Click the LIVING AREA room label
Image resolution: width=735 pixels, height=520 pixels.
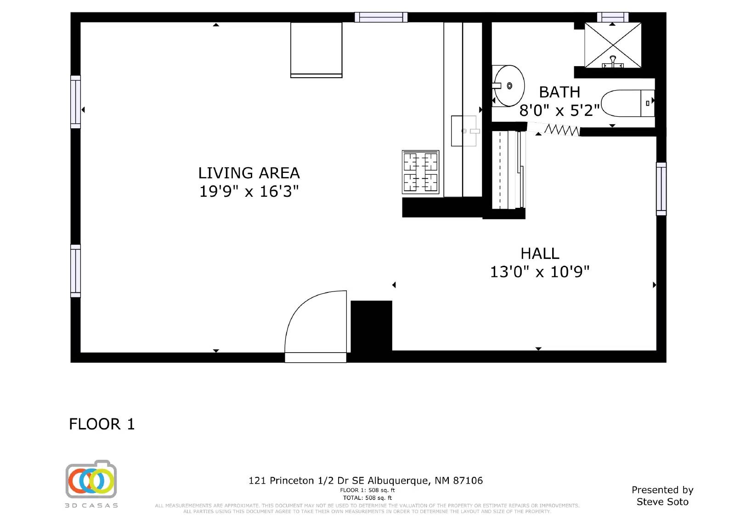click(x=249, y=173)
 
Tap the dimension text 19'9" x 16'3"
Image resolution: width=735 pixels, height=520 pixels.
click(x=249, y=192)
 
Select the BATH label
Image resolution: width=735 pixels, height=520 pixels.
click(x=560, y=92)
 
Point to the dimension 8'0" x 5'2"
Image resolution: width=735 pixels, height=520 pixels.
click(x=560, y=110)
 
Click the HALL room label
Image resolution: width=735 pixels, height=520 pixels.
click(x=540, y=254)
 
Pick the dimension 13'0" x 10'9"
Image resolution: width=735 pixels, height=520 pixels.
click(x=540, y=272)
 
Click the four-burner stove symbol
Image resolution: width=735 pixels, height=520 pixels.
click(x=420, y=172)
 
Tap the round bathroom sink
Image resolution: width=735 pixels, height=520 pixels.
click(x=508, y=86)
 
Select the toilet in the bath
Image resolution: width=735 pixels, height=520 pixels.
click(x=628, y=103)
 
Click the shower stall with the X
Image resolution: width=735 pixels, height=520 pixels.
click(x=613, y=46)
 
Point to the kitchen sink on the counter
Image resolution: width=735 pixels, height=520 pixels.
click(x=465, y=131)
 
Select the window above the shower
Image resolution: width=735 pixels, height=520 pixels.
click(x=613, y=17)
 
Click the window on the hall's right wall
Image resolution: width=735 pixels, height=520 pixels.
click(x=661, y=189)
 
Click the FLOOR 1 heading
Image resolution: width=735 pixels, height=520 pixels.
click(x=102, y=424)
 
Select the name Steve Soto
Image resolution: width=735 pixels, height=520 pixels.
click(x=662, y=502)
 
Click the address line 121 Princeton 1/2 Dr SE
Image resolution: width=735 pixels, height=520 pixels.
click(x=306, y=480)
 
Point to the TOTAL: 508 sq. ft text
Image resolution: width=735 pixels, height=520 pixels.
click(x=367, y=498)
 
